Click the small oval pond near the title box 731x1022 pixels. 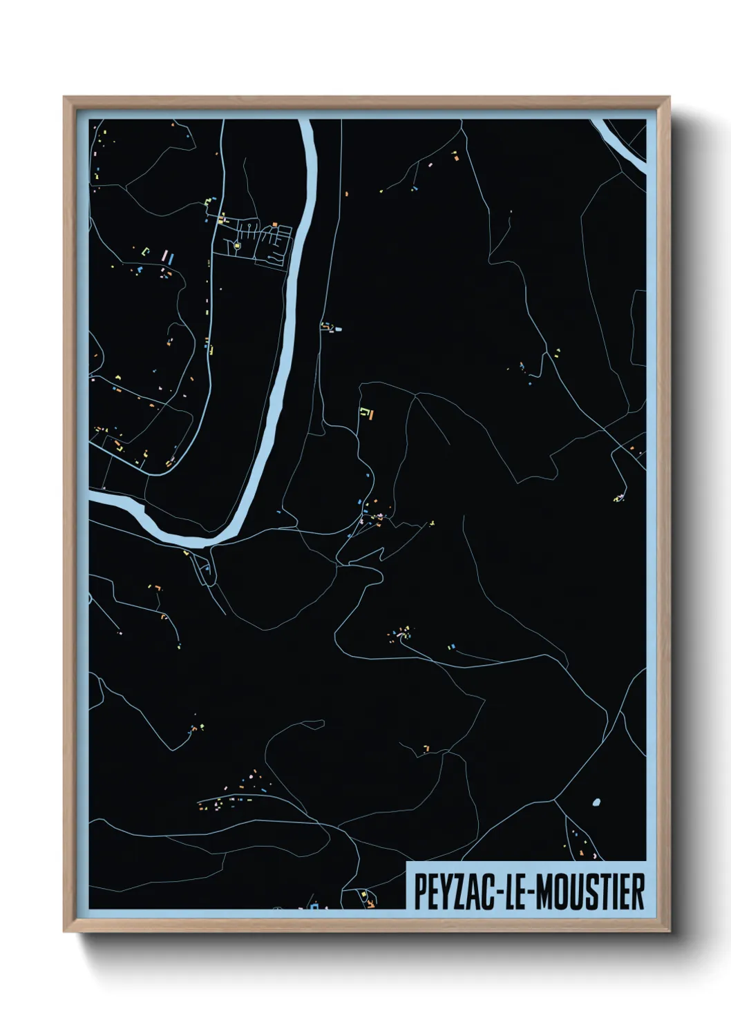click(596, 802)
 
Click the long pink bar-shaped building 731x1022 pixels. click(164, 256)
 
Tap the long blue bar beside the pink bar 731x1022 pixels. click(171, 260)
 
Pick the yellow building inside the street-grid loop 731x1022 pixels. click(238, 244)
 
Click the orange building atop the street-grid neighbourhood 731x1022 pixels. click(275, 224)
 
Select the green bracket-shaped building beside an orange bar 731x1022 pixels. click(363, 413)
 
